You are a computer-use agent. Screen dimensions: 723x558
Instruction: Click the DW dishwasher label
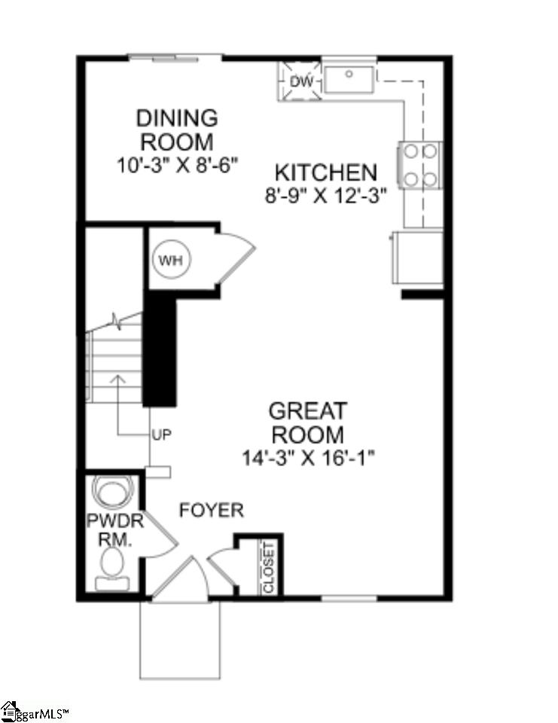[x=300, y=79]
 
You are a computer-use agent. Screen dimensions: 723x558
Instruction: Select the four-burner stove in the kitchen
[x=420, y=165]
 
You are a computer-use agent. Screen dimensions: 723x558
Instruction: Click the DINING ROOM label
[x=177, y=130]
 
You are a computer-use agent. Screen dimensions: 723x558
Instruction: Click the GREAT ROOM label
[x=308, y=423]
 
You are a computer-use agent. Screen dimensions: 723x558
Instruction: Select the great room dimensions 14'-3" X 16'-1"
[x=308, y=457]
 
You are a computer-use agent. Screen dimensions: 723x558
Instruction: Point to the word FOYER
[x=212, y=511]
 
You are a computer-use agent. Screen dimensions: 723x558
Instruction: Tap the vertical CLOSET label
[x=270, y=566]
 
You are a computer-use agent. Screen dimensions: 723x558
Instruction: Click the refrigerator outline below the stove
[x=417, y=257]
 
